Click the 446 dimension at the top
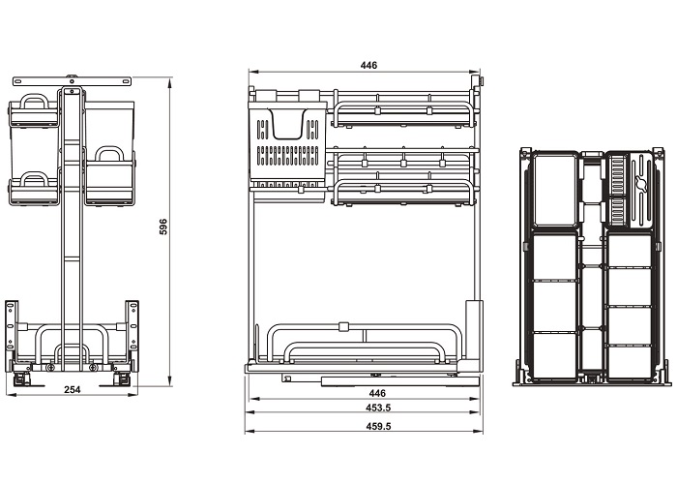coord(368,65)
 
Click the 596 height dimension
coord(163,227)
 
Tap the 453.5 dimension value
coord(377,408)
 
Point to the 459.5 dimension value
coord(377,426)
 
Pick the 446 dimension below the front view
coord(377,393)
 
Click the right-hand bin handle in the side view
coord(109,153)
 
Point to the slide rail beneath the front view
coord(377,376)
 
